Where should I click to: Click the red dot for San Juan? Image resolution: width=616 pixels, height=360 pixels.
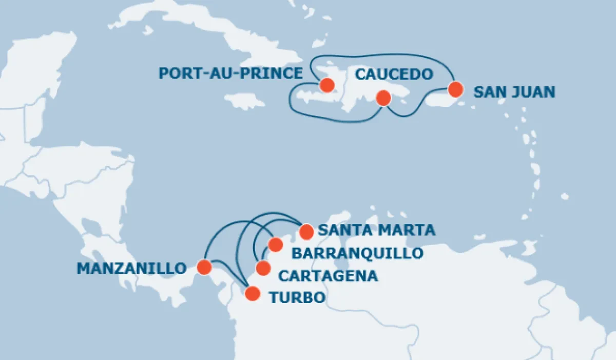pos(455,89)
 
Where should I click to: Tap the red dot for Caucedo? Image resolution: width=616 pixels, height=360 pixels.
pos(382,97)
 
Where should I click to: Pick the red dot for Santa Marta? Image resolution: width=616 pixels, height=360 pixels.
pos(306,232)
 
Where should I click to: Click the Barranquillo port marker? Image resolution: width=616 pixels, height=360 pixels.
pos(276,244)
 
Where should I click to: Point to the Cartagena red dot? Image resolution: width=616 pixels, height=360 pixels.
pos(263,268)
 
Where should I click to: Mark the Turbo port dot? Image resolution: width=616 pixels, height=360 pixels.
pos(252,293)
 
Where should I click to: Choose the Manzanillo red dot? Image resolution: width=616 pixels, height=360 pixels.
pos(204,267)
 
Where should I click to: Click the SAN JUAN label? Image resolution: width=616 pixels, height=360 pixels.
pos(514,92)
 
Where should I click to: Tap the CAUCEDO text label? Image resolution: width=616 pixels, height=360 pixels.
pos(394,74)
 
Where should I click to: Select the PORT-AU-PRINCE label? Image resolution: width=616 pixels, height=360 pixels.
pos(230,73)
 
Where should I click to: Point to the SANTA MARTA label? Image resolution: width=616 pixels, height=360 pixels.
pos(376,230)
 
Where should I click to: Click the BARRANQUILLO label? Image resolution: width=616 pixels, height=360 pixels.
pos(357,253)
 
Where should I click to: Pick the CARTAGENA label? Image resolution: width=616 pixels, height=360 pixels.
pos(328,276)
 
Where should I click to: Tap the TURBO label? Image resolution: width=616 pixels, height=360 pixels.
pos(297,297)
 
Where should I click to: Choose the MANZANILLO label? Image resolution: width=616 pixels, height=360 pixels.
pos(131,268)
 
